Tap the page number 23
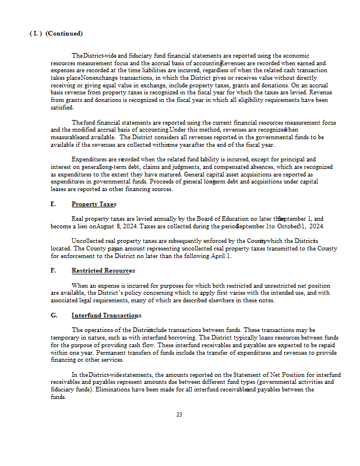[179, 415]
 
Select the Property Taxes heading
[94, 204]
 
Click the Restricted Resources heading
[103, 271]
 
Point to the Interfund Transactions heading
[106, 316]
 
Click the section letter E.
[53, 204]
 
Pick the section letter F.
[53, 271]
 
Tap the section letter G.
[54, 316]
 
